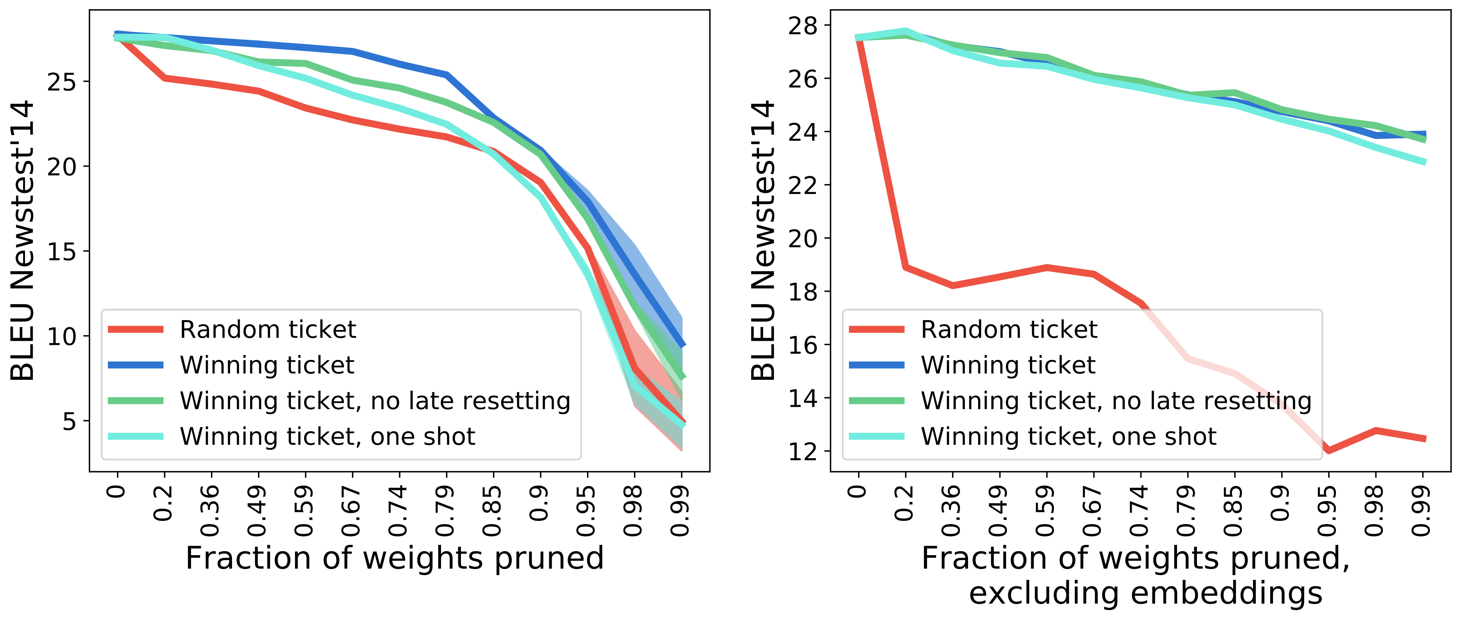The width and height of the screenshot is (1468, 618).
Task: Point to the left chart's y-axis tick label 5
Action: click(68, 422)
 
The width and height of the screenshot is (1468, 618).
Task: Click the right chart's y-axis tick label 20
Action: click(802, 239)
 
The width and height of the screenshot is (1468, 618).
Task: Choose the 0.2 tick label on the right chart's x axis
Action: click(904, 503)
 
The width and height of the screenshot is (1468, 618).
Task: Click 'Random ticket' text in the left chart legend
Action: click(268, 330)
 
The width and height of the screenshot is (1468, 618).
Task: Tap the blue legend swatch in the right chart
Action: click(877, 365)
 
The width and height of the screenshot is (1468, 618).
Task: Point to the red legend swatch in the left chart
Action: click(136, 329)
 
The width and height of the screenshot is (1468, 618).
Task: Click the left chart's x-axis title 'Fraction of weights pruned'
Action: click(394, 558)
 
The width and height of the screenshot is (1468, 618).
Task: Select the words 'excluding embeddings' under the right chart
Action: click(1146, 593)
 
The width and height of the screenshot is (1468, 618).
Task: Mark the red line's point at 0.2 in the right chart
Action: click(905, 266)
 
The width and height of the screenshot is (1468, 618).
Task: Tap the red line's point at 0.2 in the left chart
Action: click(164, 78)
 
